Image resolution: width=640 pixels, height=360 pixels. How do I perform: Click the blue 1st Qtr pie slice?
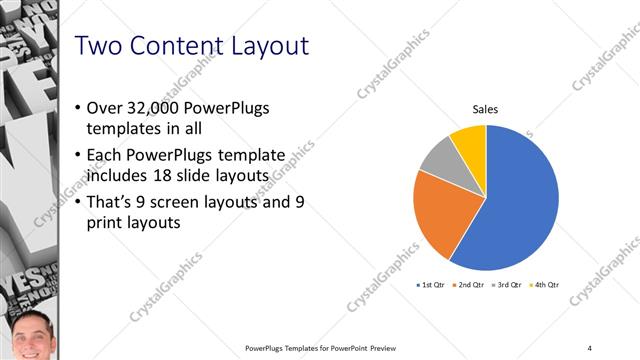(x=520, y=200)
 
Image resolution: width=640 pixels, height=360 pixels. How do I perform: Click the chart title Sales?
(x=485, y=110)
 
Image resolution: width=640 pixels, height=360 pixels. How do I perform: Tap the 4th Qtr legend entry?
(x=544, y=285)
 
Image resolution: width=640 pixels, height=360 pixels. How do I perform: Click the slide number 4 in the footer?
(x=590, y=347)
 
